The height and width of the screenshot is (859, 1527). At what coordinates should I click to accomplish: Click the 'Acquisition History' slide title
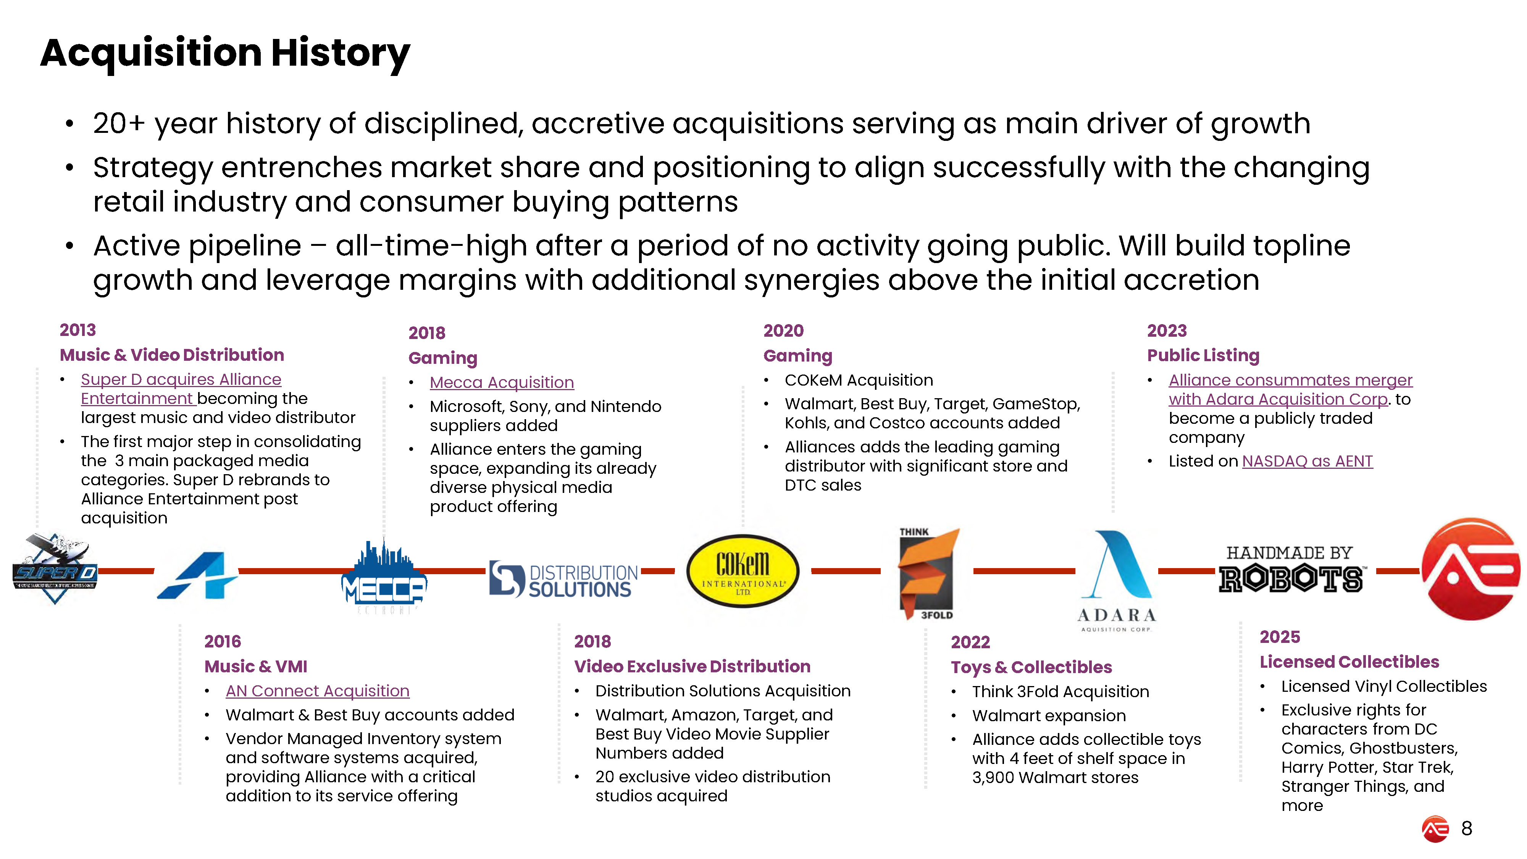[225, 53]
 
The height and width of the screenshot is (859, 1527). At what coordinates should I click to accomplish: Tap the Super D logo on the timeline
[55, 570]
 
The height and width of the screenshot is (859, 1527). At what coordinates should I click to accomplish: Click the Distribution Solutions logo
[563, 580]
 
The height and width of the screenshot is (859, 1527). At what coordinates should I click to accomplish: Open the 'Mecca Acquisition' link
[502, 383]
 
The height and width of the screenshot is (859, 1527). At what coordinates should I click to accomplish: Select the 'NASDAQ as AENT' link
[1307, 461]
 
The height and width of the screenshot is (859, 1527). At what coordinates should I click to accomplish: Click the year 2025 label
[1280, 637]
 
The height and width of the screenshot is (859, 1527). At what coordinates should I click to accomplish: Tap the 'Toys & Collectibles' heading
[1031, 667]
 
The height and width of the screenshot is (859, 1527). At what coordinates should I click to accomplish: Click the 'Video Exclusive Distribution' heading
[692, 666]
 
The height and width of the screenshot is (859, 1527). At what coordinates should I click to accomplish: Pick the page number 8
[1467, 828]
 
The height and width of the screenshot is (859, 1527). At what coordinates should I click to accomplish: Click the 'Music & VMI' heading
[255, 666]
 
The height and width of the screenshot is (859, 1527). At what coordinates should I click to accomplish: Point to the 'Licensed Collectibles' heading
[1349, 662]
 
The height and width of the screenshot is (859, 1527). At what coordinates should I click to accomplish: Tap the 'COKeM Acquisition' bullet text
[858, 380]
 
